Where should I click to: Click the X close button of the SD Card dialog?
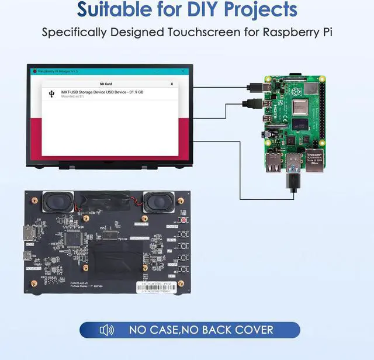(x=171, y=84)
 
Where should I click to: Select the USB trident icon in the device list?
(x=52, y=94)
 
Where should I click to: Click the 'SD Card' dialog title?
(x=106, y=84)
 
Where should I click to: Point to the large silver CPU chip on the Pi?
(x=300, y=108)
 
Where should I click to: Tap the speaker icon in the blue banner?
(x=106, y=330)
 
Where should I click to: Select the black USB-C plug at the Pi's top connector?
(x=255, y=87)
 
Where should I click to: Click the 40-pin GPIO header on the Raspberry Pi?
(x=322, y=115)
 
